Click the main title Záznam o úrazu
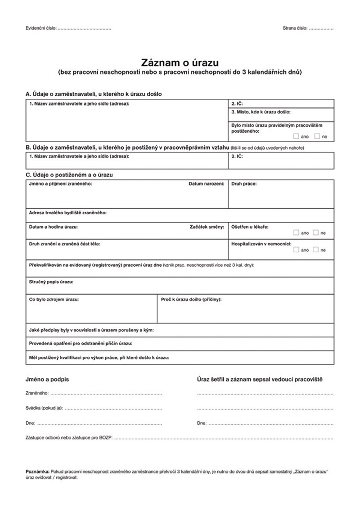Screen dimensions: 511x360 (180, 62)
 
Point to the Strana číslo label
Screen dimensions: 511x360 (295, 28)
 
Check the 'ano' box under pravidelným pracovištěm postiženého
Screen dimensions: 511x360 (296, 136)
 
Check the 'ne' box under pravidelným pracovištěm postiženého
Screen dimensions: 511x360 (317, 136)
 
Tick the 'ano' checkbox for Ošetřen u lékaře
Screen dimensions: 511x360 (296, 233)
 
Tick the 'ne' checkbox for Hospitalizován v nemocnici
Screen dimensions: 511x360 (316, 250)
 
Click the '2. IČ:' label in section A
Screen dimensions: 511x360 (237, 103)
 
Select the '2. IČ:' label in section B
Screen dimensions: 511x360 (237, 156)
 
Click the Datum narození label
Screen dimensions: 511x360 (206, 184)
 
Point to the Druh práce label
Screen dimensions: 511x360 (244, 184)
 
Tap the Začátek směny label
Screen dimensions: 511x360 (207, 227)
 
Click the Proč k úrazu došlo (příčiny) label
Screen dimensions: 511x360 (191, 299)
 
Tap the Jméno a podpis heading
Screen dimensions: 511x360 (47, 380)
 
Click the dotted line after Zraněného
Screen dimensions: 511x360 (106, 394)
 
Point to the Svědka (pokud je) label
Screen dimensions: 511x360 (44, 408)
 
